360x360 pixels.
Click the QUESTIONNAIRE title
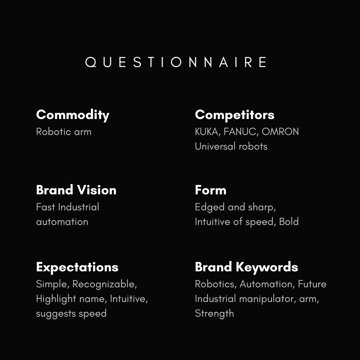tap(176, 62)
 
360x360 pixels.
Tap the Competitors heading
tap(235, 115)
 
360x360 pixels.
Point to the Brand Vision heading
tap(76, 190)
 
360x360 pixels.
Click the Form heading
tap(211, 190)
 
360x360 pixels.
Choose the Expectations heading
tap(77, 267)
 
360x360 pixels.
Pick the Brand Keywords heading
tap(246, 267)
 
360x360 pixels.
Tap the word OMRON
tap(280, 132)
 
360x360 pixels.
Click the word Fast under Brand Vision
tap(45, 207)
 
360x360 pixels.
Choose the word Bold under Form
tap(289, 222)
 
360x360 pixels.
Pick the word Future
tap(312, 284)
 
